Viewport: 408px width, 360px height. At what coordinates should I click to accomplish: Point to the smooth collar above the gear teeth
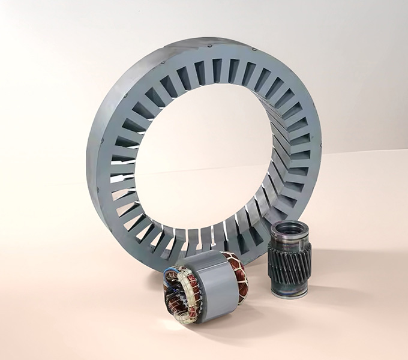pos(290,238)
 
